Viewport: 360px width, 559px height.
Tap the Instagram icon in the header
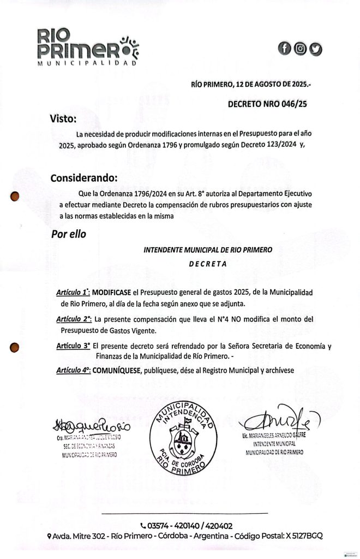point(299,49)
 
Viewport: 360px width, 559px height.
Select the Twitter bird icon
point(316,49)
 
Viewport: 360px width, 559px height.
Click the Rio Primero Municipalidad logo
point(88,47)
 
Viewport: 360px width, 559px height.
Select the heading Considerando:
point(84,179)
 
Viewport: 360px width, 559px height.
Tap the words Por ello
point(68,234)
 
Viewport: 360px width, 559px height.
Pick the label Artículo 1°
point(73,293)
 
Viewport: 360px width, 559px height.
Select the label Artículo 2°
point(73,319)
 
